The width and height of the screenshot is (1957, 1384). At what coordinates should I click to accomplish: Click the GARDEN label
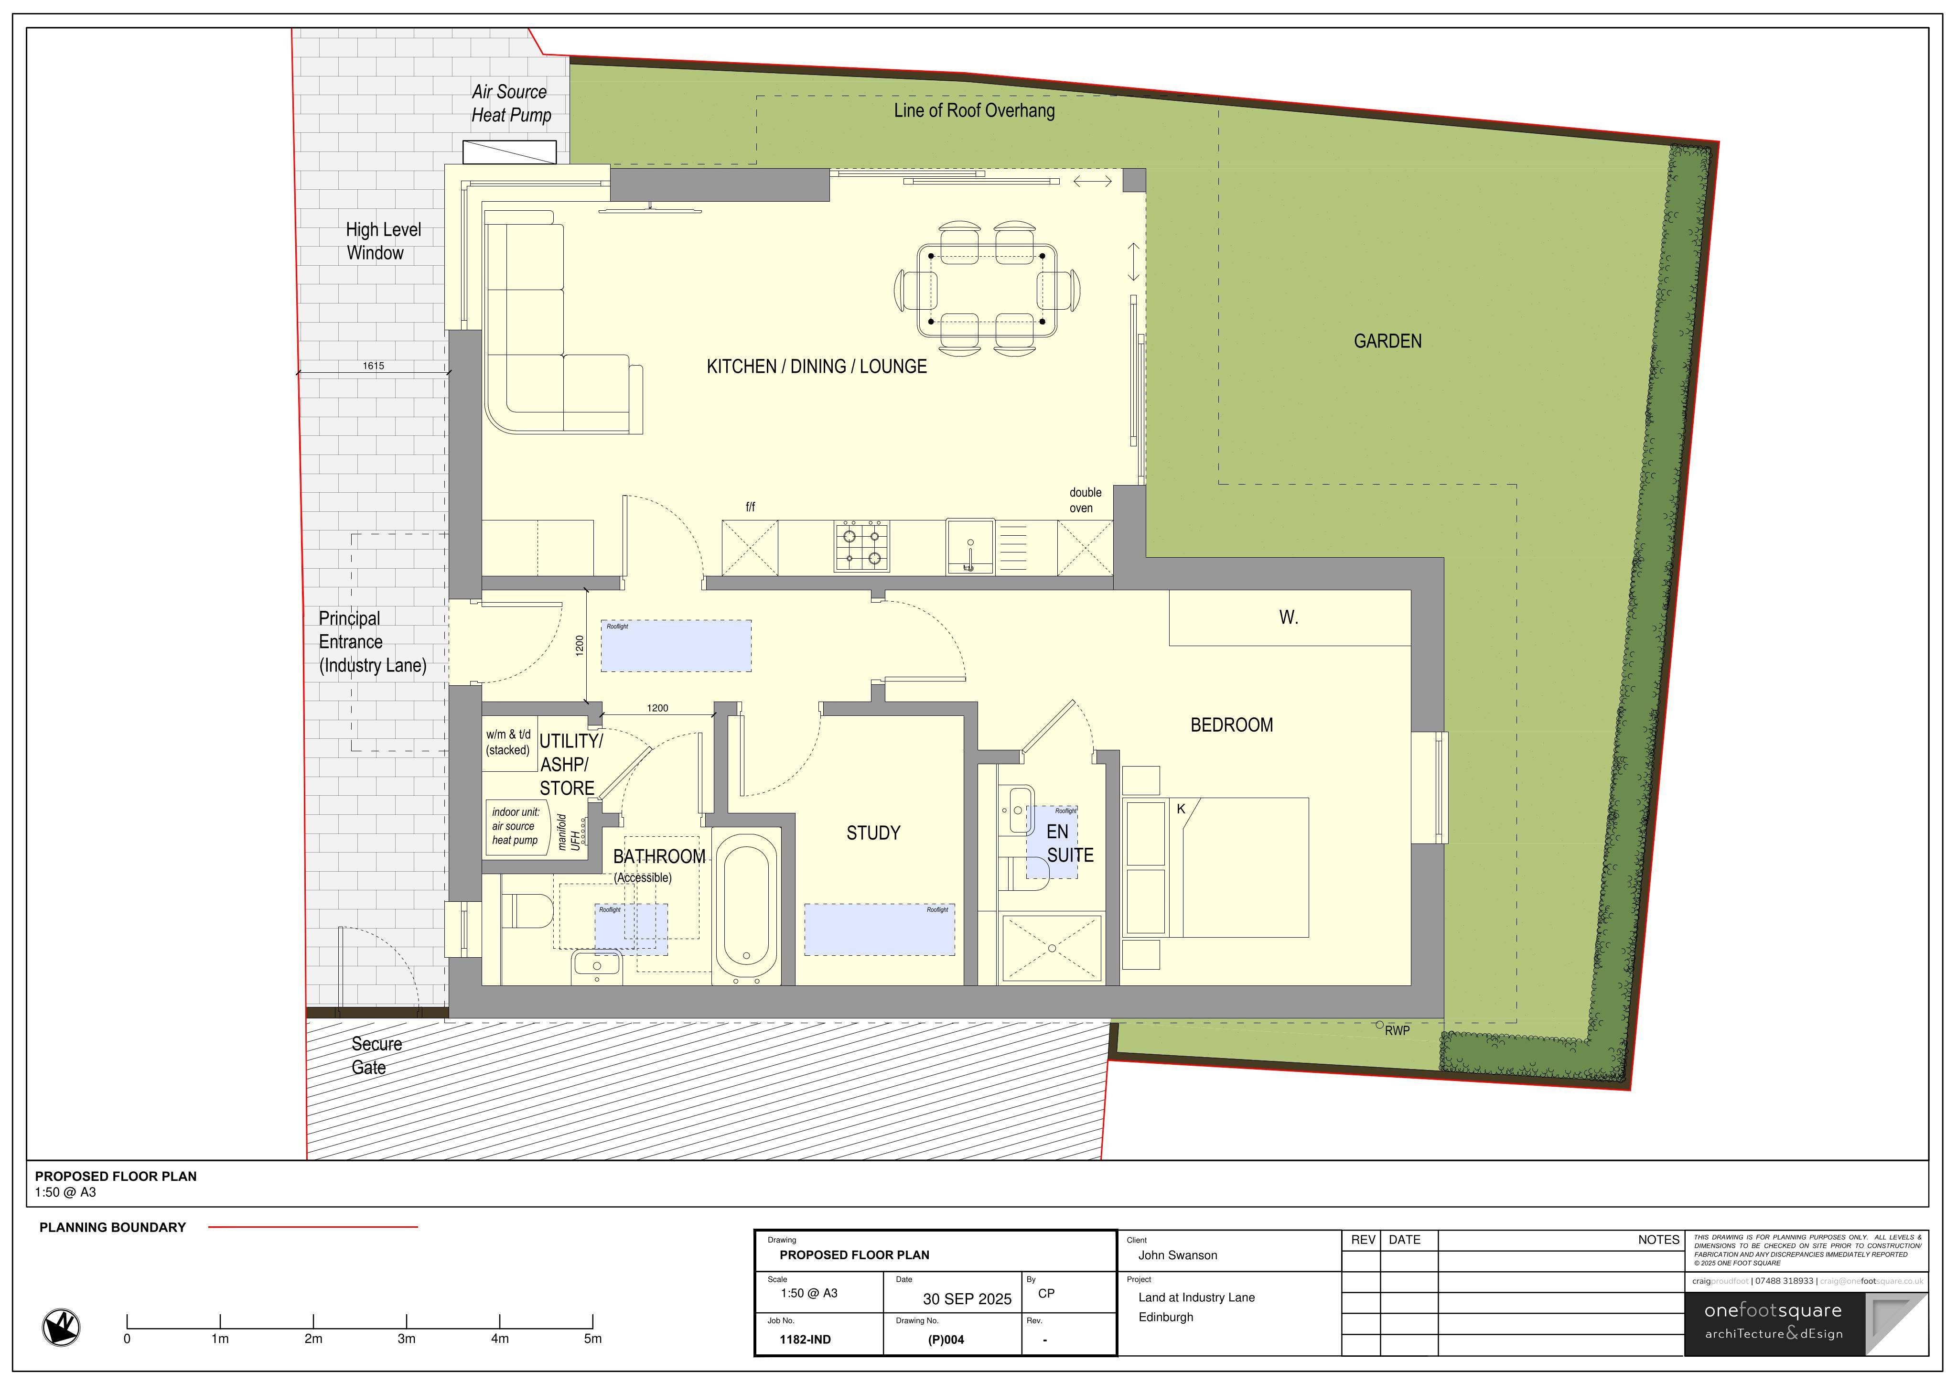pos(1387,341)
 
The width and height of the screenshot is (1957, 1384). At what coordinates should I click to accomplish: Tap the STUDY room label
pos(873,833)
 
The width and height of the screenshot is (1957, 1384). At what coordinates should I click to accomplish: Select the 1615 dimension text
pos(373,366)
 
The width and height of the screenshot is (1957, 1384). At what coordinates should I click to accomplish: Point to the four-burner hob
pos(862,546)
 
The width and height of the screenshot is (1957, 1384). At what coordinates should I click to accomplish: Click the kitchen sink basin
pos(970,546)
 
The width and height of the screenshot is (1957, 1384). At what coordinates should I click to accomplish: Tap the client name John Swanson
pos(1178,1255)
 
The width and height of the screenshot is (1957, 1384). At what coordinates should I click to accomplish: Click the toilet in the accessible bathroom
pos(527,911)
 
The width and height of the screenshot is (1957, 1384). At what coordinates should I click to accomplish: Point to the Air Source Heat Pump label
pos(511,103)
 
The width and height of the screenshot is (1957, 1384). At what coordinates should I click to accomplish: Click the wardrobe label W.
pos(1288,617)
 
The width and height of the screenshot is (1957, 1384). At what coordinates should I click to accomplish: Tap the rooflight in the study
pos(880,930)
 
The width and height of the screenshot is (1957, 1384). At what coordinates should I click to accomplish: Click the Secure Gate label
pos(376,1056)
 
